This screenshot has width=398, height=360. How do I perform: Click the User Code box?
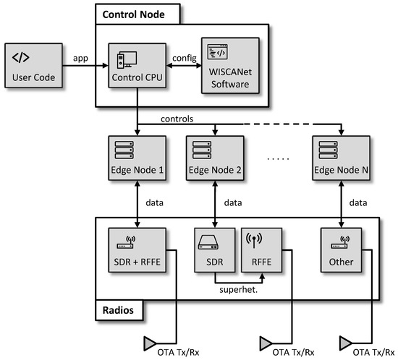[x=32, y=67]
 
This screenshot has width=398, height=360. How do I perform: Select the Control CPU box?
[x=136, y=67]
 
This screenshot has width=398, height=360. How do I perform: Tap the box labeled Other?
[x=340, y=249]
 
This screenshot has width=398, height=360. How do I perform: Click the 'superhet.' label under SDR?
[x=240, y=290]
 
